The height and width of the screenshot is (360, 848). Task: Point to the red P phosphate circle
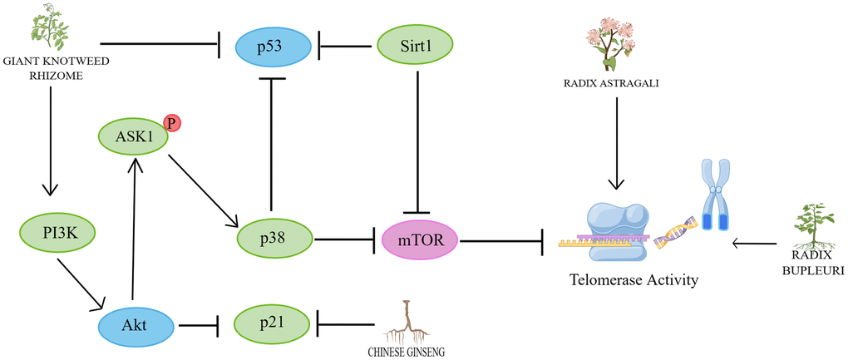click(172, 123)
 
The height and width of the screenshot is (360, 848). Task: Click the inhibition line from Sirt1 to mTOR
click(416, 141)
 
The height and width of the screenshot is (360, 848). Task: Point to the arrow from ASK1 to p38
click(204, 188)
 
